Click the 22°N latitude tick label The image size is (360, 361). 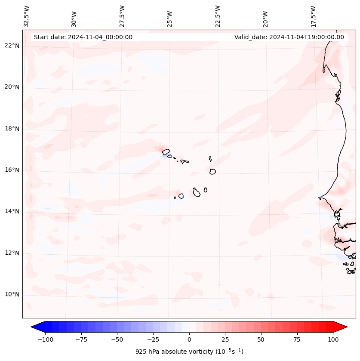(x=12, y=46)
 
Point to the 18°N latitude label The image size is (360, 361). (x=12, y=129)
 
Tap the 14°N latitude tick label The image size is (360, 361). (x=12, y=211)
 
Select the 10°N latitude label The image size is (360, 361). (x=12, y=294)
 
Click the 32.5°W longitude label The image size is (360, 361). (x=27, y=16)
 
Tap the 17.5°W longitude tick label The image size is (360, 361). (x=313, y=16)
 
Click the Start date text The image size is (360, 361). (x=83, y=37)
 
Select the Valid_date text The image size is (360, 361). (x=289, y=37)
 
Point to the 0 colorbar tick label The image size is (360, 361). (x=189, y=339)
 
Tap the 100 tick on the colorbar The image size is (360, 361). (x=333, y=339)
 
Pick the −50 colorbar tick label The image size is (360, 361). (x=117, y=339)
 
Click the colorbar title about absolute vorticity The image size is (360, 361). (x=189, y=352)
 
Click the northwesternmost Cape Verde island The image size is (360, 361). (x=166, y=151)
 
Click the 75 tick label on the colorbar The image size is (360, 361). (x=297, y=339)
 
